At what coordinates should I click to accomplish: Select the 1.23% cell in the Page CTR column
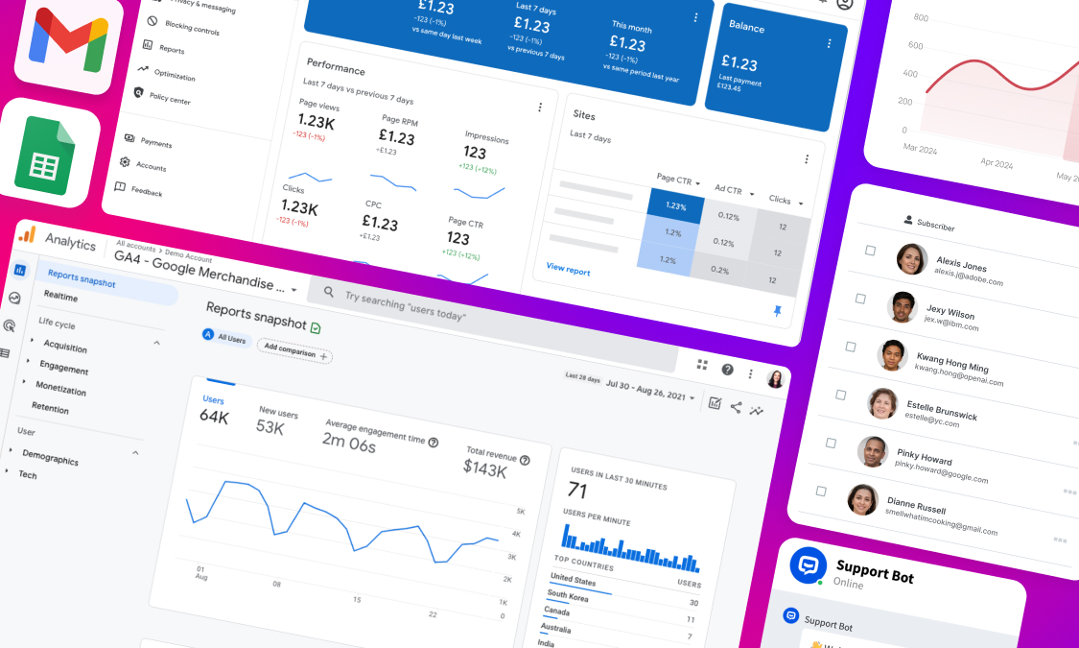pos(676,206)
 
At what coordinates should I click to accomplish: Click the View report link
pos(568,270)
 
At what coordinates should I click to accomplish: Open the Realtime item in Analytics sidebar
pos(60,297)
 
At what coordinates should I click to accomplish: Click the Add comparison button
pos(294,351)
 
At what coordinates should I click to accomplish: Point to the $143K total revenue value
pos(485,468)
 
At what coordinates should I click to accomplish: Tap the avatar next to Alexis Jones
pos(911,259)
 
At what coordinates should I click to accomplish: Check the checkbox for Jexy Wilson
pos(859,298)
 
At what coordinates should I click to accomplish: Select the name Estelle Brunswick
pos(942,410)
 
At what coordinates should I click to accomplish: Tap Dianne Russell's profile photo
pos(862,499)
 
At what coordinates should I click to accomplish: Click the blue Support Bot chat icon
pos(808,565)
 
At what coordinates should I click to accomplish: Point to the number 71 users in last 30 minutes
pos(577,491)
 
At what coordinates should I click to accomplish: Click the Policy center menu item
pos(170,99)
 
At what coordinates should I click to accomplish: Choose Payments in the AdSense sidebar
pos(155,143)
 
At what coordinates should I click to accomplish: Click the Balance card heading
pos(746,26)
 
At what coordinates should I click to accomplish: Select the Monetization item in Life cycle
pos(60,388)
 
